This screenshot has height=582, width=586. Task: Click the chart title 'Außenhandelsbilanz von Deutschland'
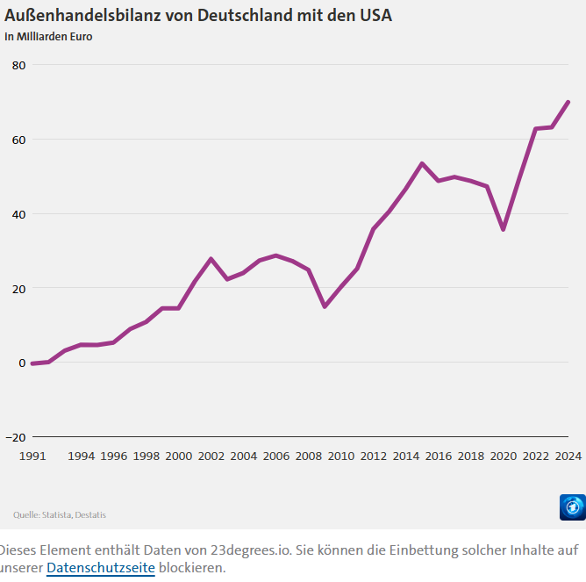[x=198, y=15]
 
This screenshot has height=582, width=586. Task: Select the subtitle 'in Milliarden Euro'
[x=49, y=37]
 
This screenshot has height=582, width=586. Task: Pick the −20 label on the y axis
[x=15, y=437]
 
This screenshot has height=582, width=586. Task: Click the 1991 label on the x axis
[x=32, y=456]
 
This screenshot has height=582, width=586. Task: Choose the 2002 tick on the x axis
[x=211, y=456]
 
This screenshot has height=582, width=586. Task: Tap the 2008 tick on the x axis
[x=308, y=456]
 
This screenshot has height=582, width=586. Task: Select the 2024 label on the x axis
[x=568, y=456]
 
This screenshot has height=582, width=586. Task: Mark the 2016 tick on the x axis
[x=439, y=456]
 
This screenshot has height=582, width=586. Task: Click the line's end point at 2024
[x=568, y=102]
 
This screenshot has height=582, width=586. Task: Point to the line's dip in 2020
[x=503, y=229]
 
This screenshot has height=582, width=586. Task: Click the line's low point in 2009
[x=325, y=306]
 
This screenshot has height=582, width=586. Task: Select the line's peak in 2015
[x=422, y=163]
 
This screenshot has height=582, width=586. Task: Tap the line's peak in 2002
[x=211, y=259]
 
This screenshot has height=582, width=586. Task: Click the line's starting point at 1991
[x=32, y=363]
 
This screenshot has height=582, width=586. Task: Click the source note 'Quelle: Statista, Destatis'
[x=60, y=514]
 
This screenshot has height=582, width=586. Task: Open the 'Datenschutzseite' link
[x=100, y=568]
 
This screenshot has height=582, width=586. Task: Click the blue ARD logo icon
[x=572, y=507]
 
